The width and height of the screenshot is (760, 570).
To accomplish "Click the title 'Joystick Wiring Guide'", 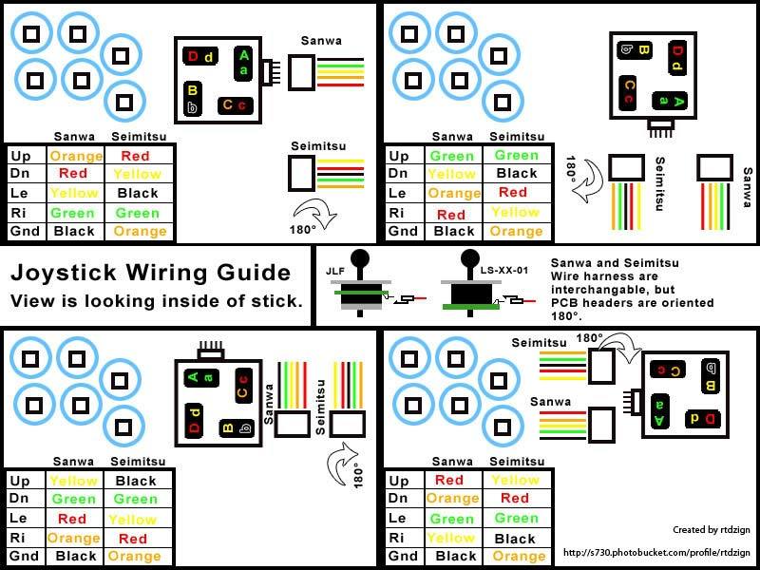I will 150,274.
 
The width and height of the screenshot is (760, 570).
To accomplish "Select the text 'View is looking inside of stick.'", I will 157,301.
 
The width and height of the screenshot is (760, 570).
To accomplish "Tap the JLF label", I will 333,271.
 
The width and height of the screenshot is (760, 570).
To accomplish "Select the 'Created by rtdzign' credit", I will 705,530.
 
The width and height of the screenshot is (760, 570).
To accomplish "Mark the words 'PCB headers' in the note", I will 586,303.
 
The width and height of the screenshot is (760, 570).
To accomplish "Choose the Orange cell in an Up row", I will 76,156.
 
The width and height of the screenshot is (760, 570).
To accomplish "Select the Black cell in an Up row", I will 135,481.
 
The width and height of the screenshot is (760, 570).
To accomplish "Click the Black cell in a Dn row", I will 516,174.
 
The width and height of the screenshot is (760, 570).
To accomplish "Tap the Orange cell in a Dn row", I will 453,499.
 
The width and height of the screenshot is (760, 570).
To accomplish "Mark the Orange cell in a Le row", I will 453,193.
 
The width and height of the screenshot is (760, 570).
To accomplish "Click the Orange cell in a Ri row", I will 76,538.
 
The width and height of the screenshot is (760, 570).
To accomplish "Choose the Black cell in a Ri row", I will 516,538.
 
